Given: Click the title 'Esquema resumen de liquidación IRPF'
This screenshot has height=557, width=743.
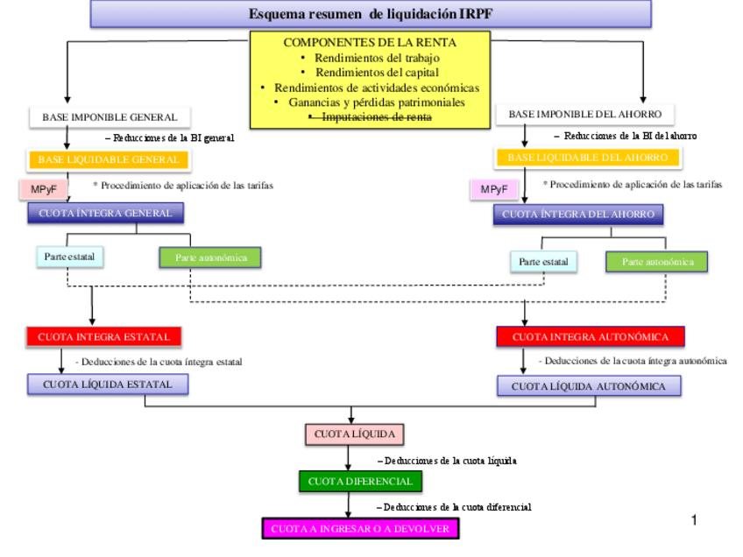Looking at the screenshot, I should tap(371, 14).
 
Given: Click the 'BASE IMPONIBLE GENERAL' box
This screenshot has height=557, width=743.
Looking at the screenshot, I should tap(110, 116).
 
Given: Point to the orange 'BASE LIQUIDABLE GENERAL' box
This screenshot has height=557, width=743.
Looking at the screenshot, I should tap(109, 159).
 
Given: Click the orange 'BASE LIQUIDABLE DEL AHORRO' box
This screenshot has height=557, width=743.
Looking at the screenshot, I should tap(587, 158).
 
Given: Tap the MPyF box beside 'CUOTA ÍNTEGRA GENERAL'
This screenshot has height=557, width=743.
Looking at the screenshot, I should tap(44, 189).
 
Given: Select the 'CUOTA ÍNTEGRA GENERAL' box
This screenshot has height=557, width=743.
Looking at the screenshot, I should tap(105, 213).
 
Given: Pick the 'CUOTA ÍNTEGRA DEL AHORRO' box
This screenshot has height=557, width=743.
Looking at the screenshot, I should tap(577, 214).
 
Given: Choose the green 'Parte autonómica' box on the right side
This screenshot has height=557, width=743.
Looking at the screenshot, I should tap(656, 261).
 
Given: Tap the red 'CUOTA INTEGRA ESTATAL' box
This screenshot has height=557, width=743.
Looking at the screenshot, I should tap(103, 336).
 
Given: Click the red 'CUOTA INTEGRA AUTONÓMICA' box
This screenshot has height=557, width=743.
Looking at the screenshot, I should tap(590, 336).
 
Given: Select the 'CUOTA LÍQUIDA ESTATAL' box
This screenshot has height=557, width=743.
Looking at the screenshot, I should tap(108, 384).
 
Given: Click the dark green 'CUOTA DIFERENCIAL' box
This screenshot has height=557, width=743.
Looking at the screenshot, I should tap(359, 481).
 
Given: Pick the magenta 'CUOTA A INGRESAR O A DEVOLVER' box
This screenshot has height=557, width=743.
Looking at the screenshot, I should tap(360, 529).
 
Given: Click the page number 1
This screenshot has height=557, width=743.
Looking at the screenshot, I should tap(694, 520).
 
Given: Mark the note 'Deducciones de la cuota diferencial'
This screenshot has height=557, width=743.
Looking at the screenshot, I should tap(456, 507).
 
